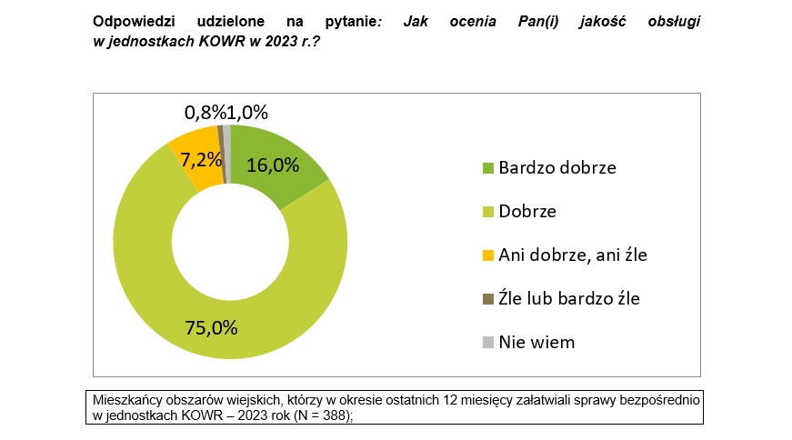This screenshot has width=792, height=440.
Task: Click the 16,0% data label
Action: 273,165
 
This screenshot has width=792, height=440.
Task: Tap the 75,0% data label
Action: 212,327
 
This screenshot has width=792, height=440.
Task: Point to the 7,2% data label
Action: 201,160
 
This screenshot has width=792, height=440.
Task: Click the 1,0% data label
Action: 247,113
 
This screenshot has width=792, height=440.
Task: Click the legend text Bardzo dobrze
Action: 557,168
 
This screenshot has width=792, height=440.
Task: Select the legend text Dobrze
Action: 527,212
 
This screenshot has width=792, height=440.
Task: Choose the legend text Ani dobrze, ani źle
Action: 573,255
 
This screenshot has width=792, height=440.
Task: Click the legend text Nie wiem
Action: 536,342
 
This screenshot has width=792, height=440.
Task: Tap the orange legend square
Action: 487,255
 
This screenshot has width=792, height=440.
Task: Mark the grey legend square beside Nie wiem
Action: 487,343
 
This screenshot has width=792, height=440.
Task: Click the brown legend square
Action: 487,299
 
